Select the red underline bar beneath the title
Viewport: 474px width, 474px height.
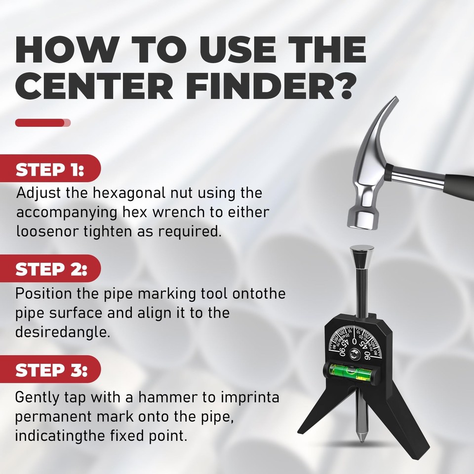[42, 122]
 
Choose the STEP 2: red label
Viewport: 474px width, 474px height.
[51, 270]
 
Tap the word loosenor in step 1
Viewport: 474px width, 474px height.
[46, 232]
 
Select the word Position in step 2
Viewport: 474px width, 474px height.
[43, 293]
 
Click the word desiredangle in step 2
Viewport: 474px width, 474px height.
[61, 332]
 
